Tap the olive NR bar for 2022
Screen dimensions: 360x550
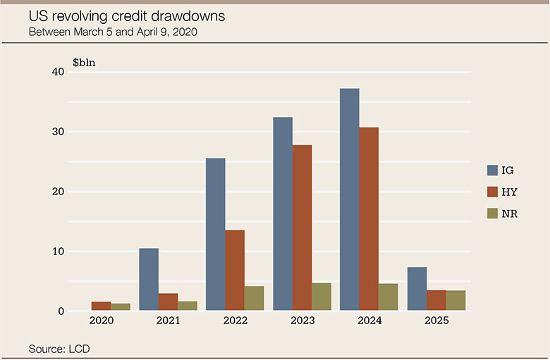click(x=254, y=298)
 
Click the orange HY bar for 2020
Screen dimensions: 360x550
click(x=101, y=306)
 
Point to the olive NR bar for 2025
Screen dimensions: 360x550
click(x=456, y=300)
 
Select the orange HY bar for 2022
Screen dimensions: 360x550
click(x=235, y=271)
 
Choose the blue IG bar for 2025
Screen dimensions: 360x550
click(x=417, y=289)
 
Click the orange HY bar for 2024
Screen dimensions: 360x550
click(x=369, y=219)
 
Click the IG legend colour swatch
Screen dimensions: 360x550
click(x=493, y=170)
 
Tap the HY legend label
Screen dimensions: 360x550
click(x=509, y=192)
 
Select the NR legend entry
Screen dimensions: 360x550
click(x=502, y=213)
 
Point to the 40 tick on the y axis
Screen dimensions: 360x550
click(x=57, y=72)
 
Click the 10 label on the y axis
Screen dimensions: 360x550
click(x=57, y=252)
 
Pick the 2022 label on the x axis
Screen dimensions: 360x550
click(x=235, y=321)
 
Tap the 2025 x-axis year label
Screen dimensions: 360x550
click(x=436, y=321)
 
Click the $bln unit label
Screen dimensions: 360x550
click(x=84, y=62)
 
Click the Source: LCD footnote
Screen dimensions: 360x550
click(x=59, y=349)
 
